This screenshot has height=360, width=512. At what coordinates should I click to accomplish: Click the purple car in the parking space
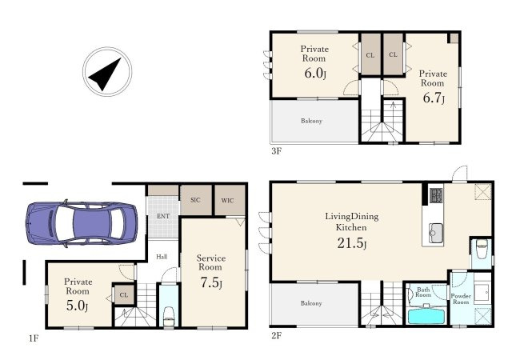pyautogui.click(x=82, y=222)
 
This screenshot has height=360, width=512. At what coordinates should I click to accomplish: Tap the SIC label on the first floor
pyautogui.click(x=195, y=200)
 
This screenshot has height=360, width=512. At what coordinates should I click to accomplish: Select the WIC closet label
pyautogui.click(x=227, y=200)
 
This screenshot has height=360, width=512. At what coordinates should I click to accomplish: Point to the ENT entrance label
pyautogui.click(x=163, y=216)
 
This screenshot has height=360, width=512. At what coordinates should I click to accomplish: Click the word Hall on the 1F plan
pyautogui.click(x=162, y=257)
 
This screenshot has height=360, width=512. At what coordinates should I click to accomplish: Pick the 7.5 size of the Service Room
pyautogui.click(x=211, y=282)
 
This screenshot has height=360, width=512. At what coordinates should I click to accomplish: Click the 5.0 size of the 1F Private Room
pyautogui.click(x=77, y=306)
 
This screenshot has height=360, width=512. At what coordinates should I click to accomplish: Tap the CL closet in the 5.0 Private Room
pyautogui.click(x=124, y=295)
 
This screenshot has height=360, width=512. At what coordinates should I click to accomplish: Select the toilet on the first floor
pyautogui.click(x=169, y=316)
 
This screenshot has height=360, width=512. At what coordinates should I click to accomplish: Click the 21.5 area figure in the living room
pyautogui.click(x=352, y=243)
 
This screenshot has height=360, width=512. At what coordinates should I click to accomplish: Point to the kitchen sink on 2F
pyautogui.click(x=435, y=233)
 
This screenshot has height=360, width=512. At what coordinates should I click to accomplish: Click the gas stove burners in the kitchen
pyautogui.click(x=436, y=195)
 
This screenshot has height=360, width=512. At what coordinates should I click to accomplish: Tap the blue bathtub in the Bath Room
pyautogui.click(x=426, y=316)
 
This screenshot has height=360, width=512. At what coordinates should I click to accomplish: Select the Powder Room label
pyautogui.click(x=461, y=299)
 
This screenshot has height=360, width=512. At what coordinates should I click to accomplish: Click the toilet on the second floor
pyautogui.click(x=482, y=250)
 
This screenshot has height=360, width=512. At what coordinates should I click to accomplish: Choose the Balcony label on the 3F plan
pyautogui.click(x=311, y=121)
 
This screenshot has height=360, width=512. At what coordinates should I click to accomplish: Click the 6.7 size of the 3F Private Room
pyautogui.click(x=434, y=98)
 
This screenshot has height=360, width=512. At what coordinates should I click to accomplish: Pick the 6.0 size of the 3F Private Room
pyautogui.click(x=315, y=73)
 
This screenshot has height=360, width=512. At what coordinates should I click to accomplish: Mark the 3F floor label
pyautogui.click(x=276, y=151)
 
